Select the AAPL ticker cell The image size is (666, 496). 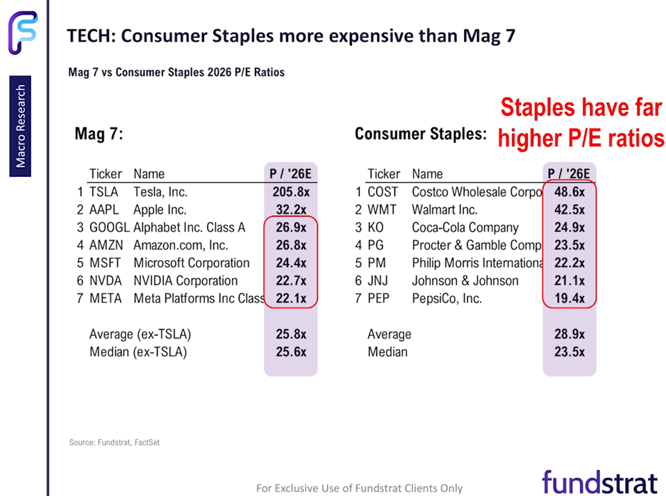(x=103, y=209)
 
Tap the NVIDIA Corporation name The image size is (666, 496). (x=185, y=281)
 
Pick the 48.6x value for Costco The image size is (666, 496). (x=569, y=191)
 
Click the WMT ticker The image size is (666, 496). (x=381, y=209)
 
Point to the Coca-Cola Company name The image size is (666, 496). (x=465, y=228)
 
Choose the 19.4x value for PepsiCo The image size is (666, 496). (x=569, y=299)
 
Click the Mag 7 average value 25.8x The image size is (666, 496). (x=290, y=334)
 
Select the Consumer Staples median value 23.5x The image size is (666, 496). (x=569, y=352)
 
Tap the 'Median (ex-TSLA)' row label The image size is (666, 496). (x=138, y=352)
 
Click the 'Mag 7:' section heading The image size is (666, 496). (x=99, y=135)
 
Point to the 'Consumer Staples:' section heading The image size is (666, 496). (x=420, y=134)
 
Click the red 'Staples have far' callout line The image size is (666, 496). (x=581, y=108)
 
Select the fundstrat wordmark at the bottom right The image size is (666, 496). (x=599, y=481)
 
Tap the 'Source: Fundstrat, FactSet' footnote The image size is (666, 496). (x=115, y=442)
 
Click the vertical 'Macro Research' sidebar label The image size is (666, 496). (x=21, y=126)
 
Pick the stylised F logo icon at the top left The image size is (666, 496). (x=22, y=32)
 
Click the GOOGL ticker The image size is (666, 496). (x=108, y=228)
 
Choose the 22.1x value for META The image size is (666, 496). (x=290, y=299)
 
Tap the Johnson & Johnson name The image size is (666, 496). (x=465, y=281)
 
